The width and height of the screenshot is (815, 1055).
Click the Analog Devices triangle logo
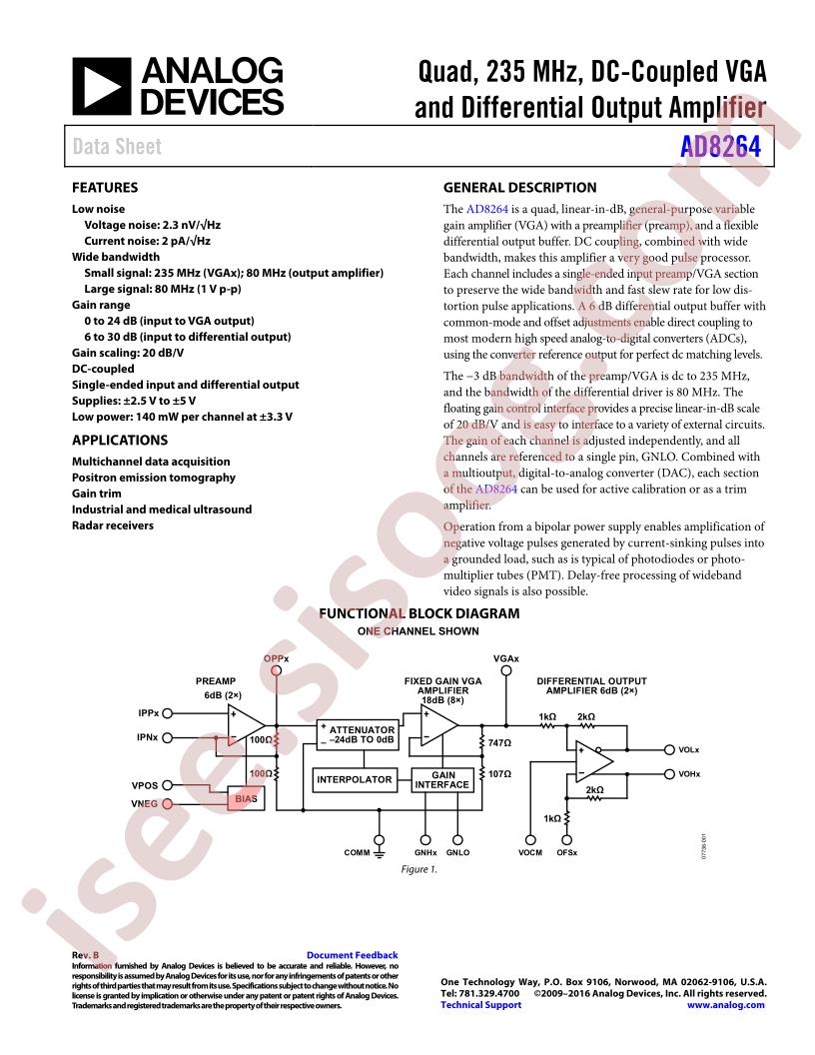pyautogui.click(x=102, y=86)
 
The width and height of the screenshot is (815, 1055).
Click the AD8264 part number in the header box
pyautogui.click(x=720, y=146)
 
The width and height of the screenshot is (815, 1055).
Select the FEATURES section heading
pyautogui.click(x=105, y=188)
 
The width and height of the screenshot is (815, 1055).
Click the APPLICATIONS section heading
pyautogui.click(x=120, y=440)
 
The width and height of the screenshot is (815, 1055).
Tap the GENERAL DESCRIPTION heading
pyautogui.click(x=519, y=188)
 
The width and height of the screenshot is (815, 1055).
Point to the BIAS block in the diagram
pyautogui.click(x=246, y=798)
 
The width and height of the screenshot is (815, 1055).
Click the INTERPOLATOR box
pyautogui.click(x=355, y=780)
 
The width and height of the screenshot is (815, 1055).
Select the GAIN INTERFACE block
pyautogui.click(x=442, y=780)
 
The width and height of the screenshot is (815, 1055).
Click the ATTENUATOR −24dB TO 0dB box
pyautogui.click(x=358, y=734)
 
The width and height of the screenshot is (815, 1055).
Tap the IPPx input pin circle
pyautogui.click(x=168, y=713)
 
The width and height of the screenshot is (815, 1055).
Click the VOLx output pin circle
pyautogui.click(x=669, y=749)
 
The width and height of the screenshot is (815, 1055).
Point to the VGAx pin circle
pyautogui.click(x=506, y=670)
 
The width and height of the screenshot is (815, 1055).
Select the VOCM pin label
pyautogui.click(x=530, y=852)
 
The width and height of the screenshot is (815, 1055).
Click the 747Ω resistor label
pyautogui.click(x=499, y=743)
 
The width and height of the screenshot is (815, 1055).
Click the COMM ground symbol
pyautogui.click(x=380, y=853)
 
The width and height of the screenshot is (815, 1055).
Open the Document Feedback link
pyautogui.click(x=353, y=955)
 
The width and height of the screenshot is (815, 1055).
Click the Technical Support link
pyautogui.click(x=480, y=1004)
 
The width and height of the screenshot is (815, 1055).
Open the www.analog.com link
pyautogui.click(x=725, y=1004)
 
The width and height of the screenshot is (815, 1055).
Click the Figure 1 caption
pyautogui.click(x=418, y=869)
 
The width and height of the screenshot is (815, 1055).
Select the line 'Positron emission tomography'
pyautogui.click(x=154, y=478)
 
